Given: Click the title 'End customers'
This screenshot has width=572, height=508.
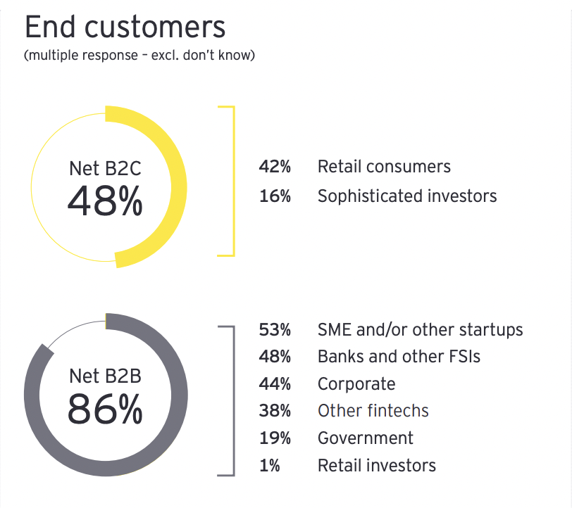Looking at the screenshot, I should coord(125,27).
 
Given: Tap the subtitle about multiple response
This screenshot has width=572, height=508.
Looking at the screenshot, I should coord(139,56).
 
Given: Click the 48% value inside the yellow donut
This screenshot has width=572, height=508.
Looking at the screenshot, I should coord(105,202).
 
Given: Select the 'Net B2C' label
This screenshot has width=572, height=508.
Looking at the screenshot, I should coord(105,169).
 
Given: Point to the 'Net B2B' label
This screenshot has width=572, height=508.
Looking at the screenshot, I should coord(105,376).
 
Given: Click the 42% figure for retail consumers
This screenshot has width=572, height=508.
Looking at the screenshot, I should coord(275,167).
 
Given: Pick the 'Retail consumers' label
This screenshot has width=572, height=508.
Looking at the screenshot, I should coord(384,167).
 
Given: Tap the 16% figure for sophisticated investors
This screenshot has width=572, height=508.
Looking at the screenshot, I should coord(275,196).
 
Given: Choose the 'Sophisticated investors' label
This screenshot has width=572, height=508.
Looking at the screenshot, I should coord(407,196).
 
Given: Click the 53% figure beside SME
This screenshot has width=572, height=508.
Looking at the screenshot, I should coord(275,329).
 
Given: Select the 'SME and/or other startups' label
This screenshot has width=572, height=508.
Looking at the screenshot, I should coord(420,329).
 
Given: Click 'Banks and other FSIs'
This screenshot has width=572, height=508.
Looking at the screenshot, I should coord(399,357).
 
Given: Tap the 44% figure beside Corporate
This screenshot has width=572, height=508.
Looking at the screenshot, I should coord(275,384).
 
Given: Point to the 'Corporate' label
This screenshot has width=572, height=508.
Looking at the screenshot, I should coord(356,384).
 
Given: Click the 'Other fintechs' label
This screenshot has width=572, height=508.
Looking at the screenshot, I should coord(373,411).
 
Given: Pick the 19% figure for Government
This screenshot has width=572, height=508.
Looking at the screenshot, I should coord(275,438).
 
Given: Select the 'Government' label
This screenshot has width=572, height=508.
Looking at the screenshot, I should coord(366,438).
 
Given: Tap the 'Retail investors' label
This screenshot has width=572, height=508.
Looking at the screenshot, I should coord(377,465).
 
